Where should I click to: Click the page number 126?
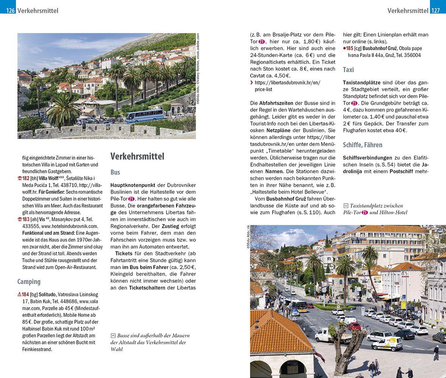(10, 11)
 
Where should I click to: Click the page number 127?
(436, 11)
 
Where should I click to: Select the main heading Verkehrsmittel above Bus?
(137, 156)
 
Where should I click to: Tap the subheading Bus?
(115, 172)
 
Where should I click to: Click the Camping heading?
(29, 282)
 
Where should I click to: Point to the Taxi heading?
(348, 70)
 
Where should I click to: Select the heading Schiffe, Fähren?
(362, 145)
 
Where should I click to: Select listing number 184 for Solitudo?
(25, 294)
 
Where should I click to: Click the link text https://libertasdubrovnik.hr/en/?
(287, 83)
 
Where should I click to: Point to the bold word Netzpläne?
(280, 130)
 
